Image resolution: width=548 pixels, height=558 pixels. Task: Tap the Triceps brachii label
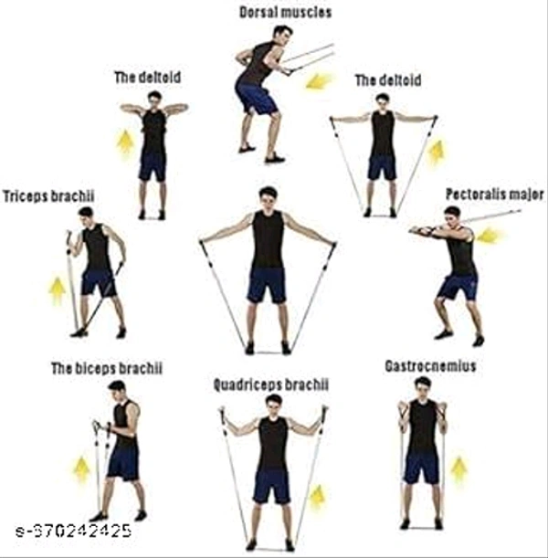coord(48,195)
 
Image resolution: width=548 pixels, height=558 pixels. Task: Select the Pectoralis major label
coord(494,195)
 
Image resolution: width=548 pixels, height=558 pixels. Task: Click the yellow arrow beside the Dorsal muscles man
coord(319,81)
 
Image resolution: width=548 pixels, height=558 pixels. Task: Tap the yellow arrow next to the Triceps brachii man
coord(58,290)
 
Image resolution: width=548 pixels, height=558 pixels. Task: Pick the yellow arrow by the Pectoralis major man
coord(490,236)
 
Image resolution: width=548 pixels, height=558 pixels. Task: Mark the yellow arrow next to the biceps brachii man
coord(81,469)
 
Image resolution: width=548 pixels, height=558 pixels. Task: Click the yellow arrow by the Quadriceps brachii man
coord(317,498)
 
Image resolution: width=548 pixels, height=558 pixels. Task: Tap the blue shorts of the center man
coord(267,285)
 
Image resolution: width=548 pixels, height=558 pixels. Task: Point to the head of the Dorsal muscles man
coord(282,34)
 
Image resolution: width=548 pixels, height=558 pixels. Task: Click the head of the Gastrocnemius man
coord(422,384)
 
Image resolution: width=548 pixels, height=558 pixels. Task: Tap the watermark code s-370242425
coord(73,531)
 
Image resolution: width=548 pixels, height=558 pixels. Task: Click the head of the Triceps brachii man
coord(86,214)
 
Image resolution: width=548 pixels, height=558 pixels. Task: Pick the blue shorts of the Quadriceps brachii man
coord(271,486)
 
